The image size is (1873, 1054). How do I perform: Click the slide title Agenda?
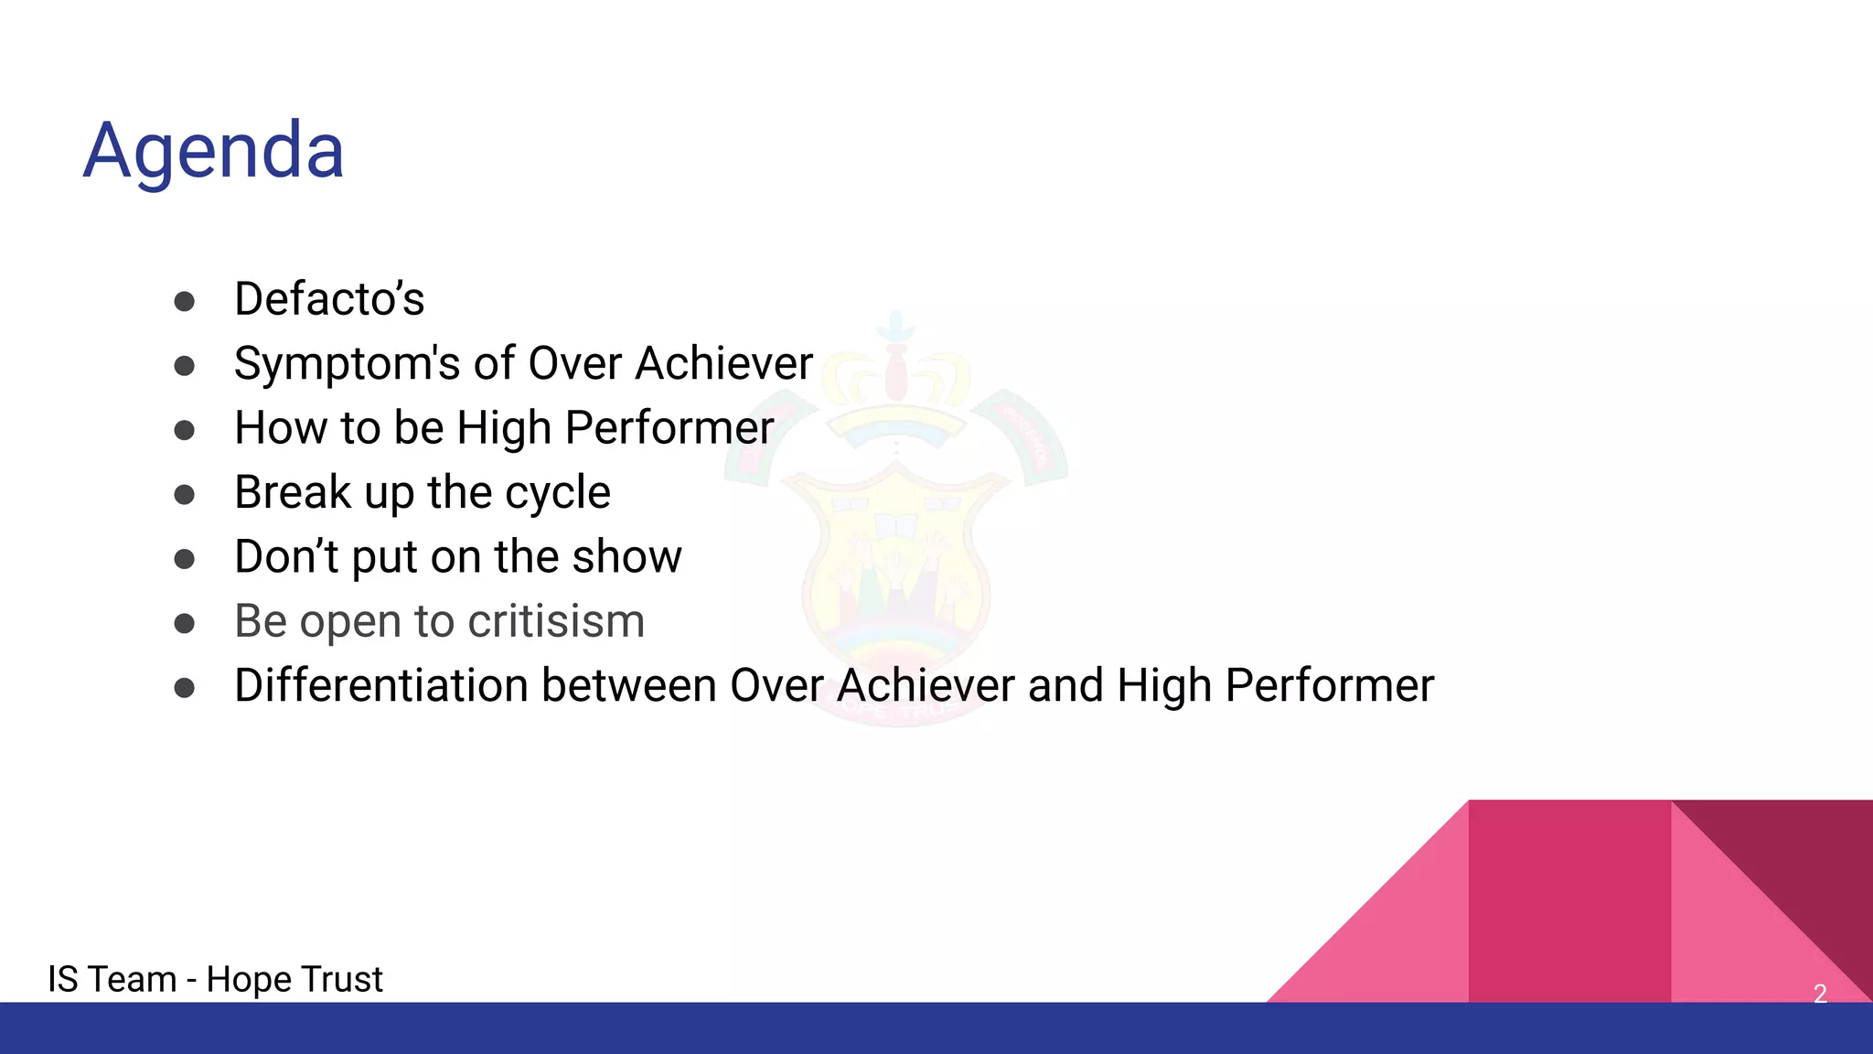[214, 150]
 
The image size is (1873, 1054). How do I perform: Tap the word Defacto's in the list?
[329, 299]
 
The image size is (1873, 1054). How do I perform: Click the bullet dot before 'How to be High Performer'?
[185, 430]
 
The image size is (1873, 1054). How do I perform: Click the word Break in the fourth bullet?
[293, 492]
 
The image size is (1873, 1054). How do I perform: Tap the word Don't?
[286, 556]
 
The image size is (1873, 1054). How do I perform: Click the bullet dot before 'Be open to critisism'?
[185, 624]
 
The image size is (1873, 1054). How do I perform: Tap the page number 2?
[1820, 994]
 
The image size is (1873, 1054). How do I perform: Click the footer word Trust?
[340, 979]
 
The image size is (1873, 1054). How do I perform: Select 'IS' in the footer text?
[63, 979]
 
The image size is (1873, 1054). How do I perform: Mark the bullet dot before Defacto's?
[185, 301]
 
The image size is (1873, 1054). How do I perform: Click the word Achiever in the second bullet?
[724, 363]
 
